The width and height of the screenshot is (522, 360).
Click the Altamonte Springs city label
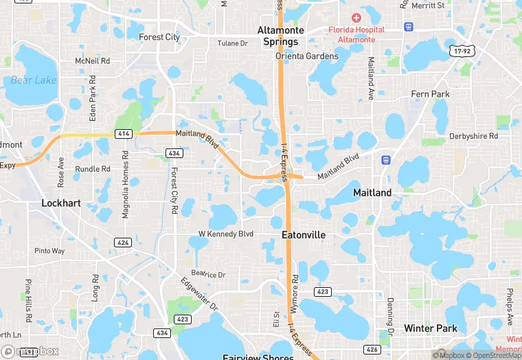point(277,36)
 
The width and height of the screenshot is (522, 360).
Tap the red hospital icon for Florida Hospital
point(356,18)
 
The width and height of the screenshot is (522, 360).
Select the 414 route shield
point(124,133)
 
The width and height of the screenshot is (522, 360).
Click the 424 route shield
point(123,243)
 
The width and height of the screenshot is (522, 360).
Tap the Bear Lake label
point(34,80)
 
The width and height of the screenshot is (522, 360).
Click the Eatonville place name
point(304,235)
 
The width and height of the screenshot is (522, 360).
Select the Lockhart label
point(61,203)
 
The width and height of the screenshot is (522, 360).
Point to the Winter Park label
point(431,328)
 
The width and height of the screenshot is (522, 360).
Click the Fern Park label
point(430,93)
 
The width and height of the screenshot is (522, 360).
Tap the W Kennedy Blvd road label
point(226,234)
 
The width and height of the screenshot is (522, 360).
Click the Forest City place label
point(159,37)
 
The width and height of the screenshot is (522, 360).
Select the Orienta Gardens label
point(307,56)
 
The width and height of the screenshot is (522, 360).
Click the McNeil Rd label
point(93,61)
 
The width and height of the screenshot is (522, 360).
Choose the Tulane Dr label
point(232,43)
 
